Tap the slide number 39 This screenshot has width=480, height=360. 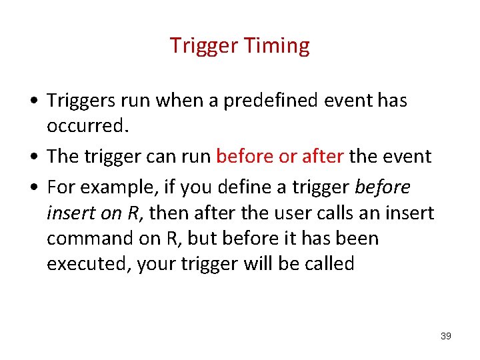pyautogui.click(x=446, y=336)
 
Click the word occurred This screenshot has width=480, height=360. pyautogui.click(x=87, y=125)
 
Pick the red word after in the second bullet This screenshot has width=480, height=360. pyautogui.click(x=323, y=157)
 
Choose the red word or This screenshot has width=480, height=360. pyautogui.click(x=287, y=157)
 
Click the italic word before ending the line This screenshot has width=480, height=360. pyautogui.click(x=383, y=188)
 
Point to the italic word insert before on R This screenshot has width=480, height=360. pyautogui.click(x=71, y=213)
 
